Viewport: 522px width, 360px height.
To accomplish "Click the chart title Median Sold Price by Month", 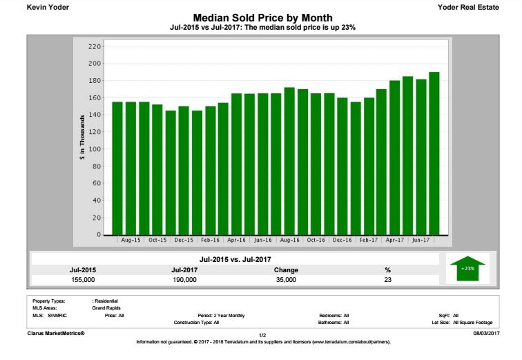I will click(x=262, y=17).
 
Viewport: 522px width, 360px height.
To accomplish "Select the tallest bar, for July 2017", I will click(x=434, y=153).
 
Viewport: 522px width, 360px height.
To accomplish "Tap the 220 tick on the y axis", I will click(x=94, y=46).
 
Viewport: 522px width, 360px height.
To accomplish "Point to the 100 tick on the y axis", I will click(x=94, y=149).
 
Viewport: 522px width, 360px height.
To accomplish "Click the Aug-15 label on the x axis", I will click(x=130, y=240).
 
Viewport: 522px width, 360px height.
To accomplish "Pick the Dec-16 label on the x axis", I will click(x=342, y=240).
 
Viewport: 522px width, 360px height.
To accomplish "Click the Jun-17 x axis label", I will click(x=420, y=240).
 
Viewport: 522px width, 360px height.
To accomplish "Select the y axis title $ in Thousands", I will click(x=83, y=140).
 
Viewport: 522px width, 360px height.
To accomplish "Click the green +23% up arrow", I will click(x=467, y=267).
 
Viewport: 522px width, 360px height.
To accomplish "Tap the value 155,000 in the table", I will click(x=83, y=279).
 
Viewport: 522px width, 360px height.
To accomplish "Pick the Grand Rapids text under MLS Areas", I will click(x=106, y=308).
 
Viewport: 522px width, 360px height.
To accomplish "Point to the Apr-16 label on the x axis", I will click(x=237, y=240).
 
